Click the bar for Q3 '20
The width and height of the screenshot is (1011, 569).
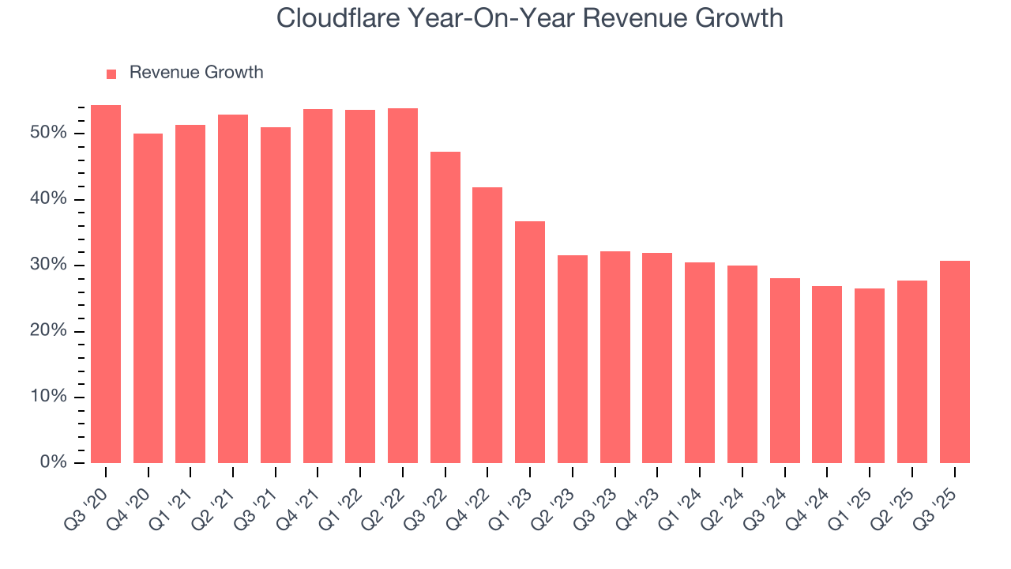click(106, 284)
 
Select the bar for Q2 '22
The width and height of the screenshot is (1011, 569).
click(402, 286)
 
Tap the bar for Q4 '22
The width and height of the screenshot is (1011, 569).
click(487, 326)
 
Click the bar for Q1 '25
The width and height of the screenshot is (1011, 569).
click(869, 376)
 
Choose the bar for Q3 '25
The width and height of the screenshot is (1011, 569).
click(954, 362)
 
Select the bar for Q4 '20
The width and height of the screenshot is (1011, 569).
click(148, 299)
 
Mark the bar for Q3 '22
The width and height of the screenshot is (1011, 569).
click(445, 307)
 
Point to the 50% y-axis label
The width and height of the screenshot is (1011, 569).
click(48, 133)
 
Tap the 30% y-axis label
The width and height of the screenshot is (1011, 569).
click(48, 265)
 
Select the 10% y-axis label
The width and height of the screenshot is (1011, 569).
click(48, 397)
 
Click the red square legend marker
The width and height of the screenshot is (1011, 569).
click(111, 73)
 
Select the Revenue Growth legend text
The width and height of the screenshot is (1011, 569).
click(196, 73)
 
